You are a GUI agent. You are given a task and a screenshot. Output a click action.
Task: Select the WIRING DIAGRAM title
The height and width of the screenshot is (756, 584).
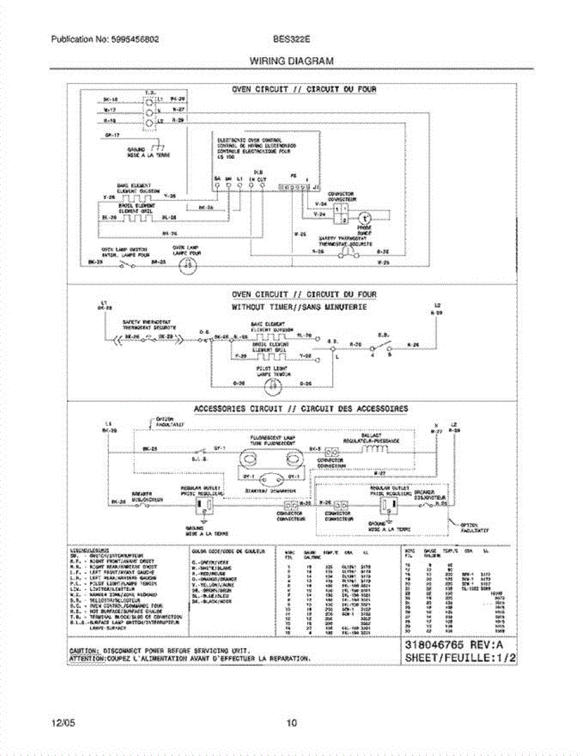pos(291,61)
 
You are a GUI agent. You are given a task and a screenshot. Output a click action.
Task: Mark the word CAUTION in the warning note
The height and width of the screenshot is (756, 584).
pos(83,650)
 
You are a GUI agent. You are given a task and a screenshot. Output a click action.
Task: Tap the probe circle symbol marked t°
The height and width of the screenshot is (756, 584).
pos(364,218)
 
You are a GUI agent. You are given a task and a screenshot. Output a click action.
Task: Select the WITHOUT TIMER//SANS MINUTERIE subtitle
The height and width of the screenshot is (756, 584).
pos(299,307)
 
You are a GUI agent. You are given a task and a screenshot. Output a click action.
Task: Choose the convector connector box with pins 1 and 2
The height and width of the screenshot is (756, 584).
pos(340,213)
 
